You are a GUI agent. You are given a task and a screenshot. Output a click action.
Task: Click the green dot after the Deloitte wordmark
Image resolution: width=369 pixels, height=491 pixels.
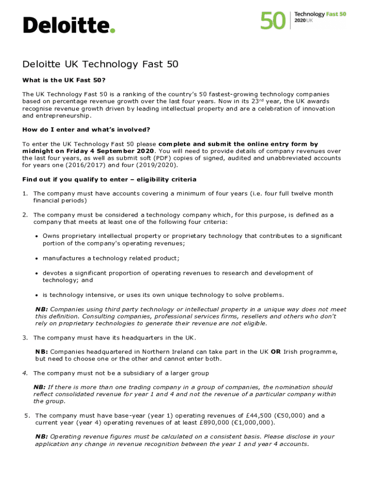113,31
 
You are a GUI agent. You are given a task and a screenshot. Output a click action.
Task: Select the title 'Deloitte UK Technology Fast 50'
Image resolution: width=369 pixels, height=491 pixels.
101,64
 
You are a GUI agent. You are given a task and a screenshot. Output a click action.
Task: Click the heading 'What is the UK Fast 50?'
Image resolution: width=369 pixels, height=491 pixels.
64,80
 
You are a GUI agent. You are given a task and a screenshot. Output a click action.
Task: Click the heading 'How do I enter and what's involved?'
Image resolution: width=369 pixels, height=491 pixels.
86,129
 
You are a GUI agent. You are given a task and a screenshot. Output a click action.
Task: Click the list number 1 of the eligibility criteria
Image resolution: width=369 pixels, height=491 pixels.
25,194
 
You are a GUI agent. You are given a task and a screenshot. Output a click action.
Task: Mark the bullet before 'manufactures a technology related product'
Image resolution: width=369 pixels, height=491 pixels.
37,258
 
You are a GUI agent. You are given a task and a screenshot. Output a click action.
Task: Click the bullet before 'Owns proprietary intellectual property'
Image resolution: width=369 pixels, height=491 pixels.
37,236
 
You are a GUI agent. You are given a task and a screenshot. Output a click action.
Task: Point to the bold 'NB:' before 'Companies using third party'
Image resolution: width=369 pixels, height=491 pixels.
41,309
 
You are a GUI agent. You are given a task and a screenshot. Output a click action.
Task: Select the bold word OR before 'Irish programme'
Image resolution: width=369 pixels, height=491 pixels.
276,351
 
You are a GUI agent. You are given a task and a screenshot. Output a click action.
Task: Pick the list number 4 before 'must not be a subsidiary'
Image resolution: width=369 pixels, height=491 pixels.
25,373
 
